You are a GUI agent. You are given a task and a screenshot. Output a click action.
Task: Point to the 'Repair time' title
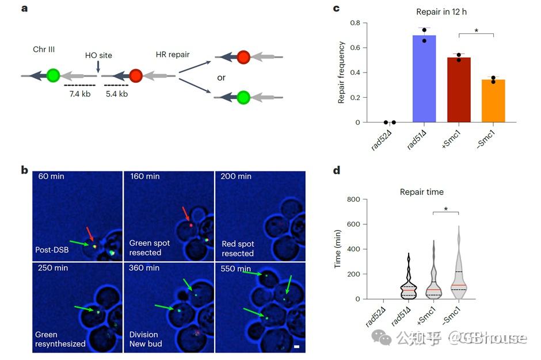pos(422,192)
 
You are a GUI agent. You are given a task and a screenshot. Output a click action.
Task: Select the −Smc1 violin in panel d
pos(458,270)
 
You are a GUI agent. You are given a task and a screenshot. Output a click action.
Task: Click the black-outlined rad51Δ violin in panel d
pos(409,279)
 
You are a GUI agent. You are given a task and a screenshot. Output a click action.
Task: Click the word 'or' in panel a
pos(221,77)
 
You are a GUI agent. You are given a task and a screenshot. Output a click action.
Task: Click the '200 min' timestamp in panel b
pos(236,176)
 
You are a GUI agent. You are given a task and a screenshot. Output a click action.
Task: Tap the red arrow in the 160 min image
pos(186,214)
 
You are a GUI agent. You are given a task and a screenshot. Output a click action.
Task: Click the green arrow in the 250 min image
pos(86,309)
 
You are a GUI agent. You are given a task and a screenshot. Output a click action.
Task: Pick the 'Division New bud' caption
pos(146,339)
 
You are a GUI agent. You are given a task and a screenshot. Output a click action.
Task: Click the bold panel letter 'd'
pos(337,170)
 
